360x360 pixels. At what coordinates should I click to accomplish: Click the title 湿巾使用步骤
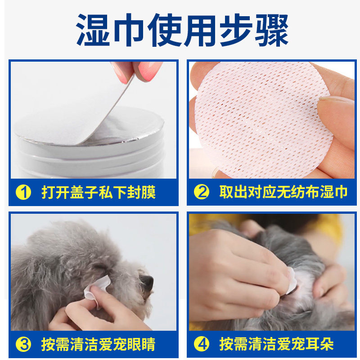click(x=182, y=30)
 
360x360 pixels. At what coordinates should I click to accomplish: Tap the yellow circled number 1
click(x=23, y=192)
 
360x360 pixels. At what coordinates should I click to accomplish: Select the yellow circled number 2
click(x=201, y=192)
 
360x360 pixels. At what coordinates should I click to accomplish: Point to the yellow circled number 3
click(x=23, y=344)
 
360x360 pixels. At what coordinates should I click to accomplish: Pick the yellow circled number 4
click(x=201, y=344)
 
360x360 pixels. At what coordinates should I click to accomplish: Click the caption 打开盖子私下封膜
click(x=99, y=192)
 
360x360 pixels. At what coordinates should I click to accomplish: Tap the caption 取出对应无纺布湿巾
click(x=283, y=192)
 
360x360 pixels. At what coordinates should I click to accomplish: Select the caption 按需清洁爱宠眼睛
click(x=99, y=344)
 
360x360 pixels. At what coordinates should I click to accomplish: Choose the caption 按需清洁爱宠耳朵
click(x=276, y=344)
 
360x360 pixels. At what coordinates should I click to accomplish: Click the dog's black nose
click(x=147, y=282)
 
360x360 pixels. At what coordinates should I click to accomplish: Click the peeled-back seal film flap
click(x=76, y=108)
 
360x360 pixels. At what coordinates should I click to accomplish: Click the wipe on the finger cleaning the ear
click(x=291, y=280)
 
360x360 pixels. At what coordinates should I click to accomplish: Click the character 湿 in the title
click(x=93, y=30)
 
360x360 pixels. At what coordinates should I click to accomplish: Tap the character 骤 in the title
click(x=272, y=30)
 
